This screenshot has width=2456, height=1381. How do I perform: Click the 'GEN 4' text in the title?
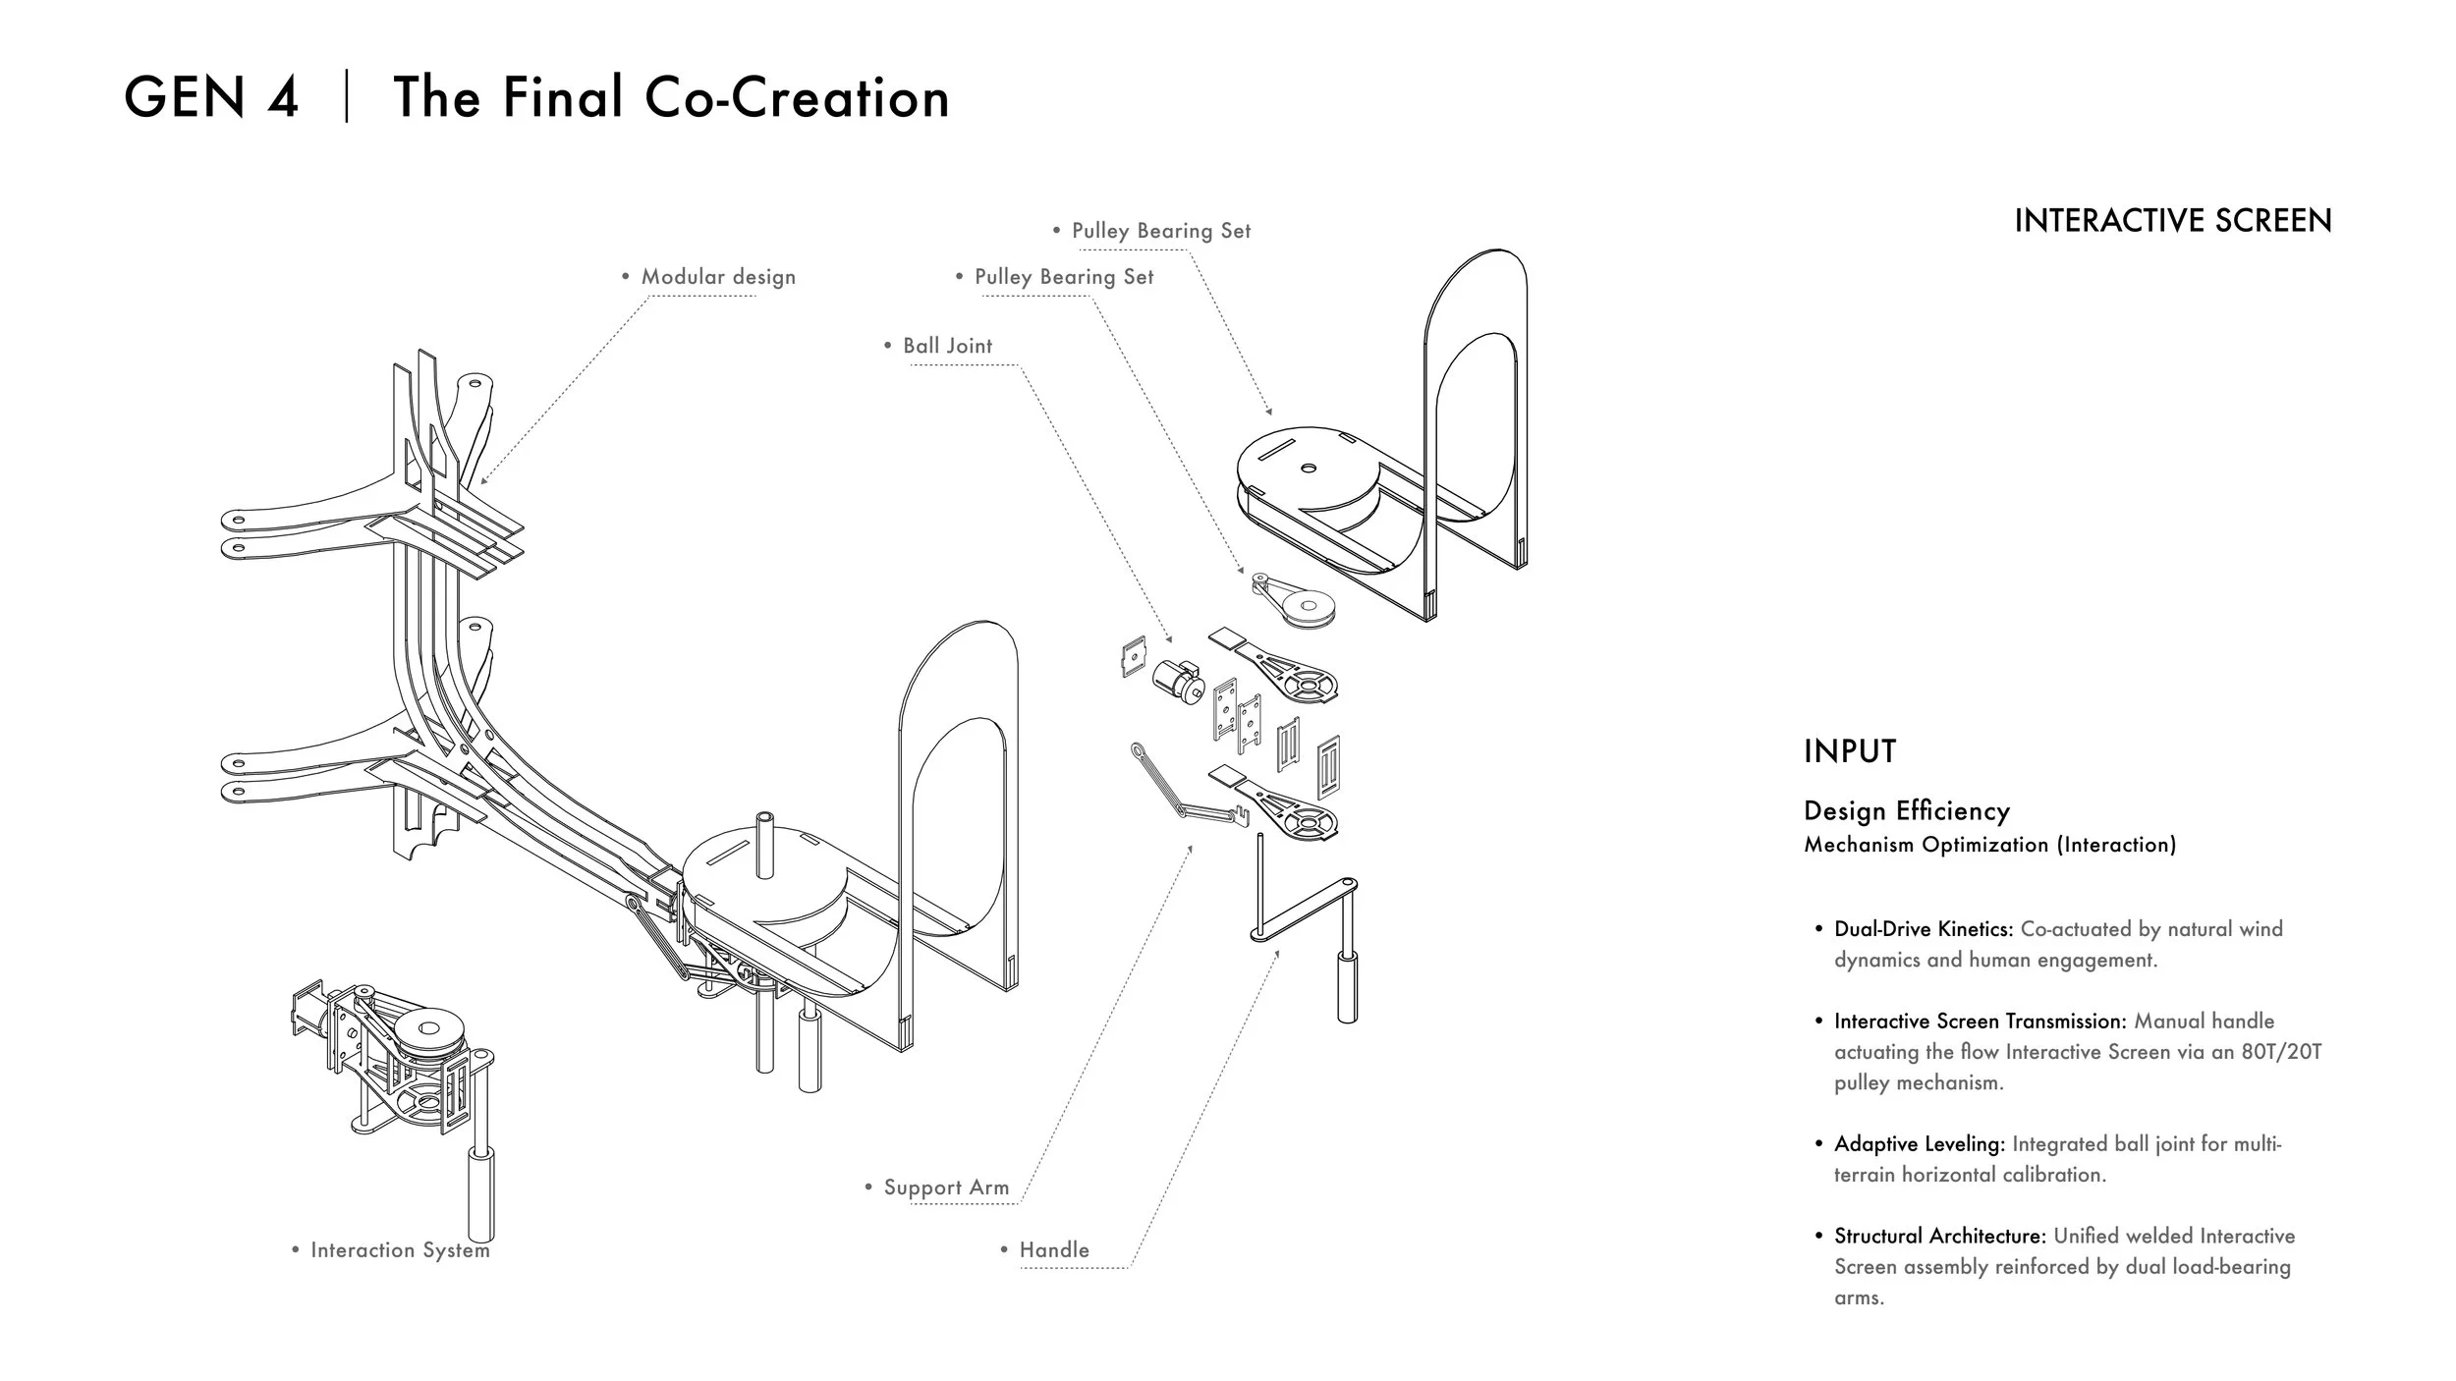point(211,97)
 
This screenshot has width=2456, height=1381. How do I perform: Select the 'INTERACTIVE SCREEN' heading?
point(2173,220)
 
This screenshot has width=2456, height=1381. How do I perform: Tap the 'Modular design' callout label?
point(718,277)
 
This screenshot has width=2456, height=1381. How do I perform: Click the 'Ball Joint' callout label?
point(947,346)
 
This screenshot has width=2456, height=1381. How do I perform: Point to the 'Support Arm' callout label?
point(946,1188)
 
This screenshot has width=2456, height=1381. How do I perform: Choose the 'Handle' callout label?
point(1054,1250)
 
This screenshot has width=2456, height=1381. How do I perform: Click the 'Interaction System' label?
point(400,1250)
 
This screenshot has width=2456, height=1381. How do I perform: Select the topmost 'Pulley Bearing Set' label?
point(1161,231)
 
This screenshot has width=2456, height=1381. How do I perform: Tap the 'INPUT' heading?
point(1850,751)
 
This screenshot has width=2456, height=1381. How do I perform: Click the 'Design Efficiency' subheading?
point(1907,811)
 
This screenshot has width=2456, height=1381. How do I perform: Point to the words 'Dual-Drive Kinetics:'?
point(1924,929)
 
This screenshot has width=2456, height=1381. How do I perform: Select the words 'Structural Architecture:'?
point(1940,1236)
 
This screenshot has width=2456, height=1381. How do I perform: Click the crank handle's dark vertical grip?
point(1347,987)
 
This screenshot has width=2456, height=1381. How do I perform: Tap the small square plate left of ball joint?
point(1134,656)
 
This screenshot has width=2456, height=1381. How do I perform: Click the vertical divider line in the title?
point(347,98)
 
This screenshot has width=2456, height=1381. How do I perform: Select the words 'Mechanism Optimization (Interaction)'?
point(1990,845)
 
